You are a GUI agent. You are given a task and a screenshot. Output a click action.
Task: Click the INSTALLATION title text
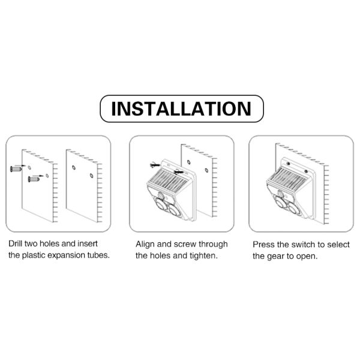tap(181, 109)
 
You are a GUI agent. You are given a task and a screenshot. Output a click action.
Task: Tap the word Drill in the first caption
tap(17, 244)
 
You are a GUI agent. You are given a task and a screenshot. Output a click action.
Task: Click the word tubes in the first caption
tap(98, 256)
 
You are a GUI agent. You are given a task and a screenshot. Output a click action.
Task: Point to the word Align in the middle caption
tap(146, 244)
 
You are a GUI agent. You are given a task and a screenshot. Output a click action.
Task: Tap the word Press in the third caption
tap(264, 244)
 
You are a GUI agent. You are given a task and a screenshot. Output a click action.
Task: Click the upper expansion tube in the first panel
tap(16, 169)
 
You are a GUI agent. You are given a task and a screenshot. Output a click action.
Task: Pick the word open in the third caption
tap(305, 256)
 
